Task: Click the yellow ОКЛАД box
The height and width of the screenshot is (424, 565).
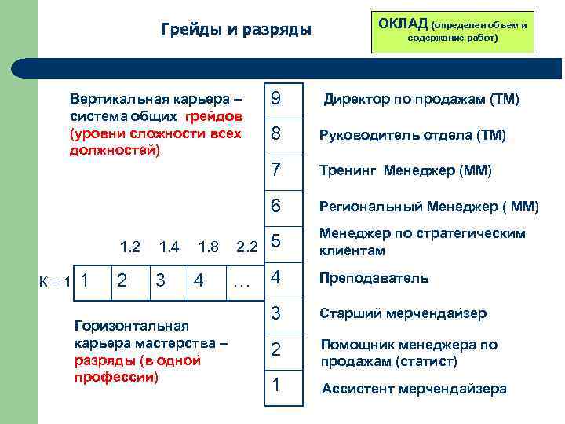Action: (451, 28)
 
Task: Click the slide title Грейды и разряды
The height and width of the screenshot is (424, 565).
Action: (236, 30)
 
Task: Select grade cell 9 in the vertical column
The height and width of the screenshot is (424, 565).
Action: (282, 100)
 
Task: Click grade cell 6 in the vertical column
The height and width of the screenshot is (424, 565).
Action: (282, 207)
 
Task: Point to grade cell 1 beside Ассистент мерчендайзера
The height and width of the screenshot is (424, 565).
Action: (282, 386)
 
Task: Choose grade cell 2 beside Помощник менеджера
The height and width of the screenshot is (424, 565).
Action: (282, 349)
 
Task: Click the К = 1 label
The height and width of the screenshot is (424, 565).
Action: (56, 280)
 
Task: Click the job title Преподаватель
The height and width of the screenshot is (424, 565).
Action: (374, 278)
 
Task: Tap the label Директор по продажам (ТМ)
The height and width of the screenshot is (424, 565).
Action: (421, 100)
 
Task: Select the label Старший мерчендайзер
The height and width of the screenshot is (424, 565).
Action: (403, 313)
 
